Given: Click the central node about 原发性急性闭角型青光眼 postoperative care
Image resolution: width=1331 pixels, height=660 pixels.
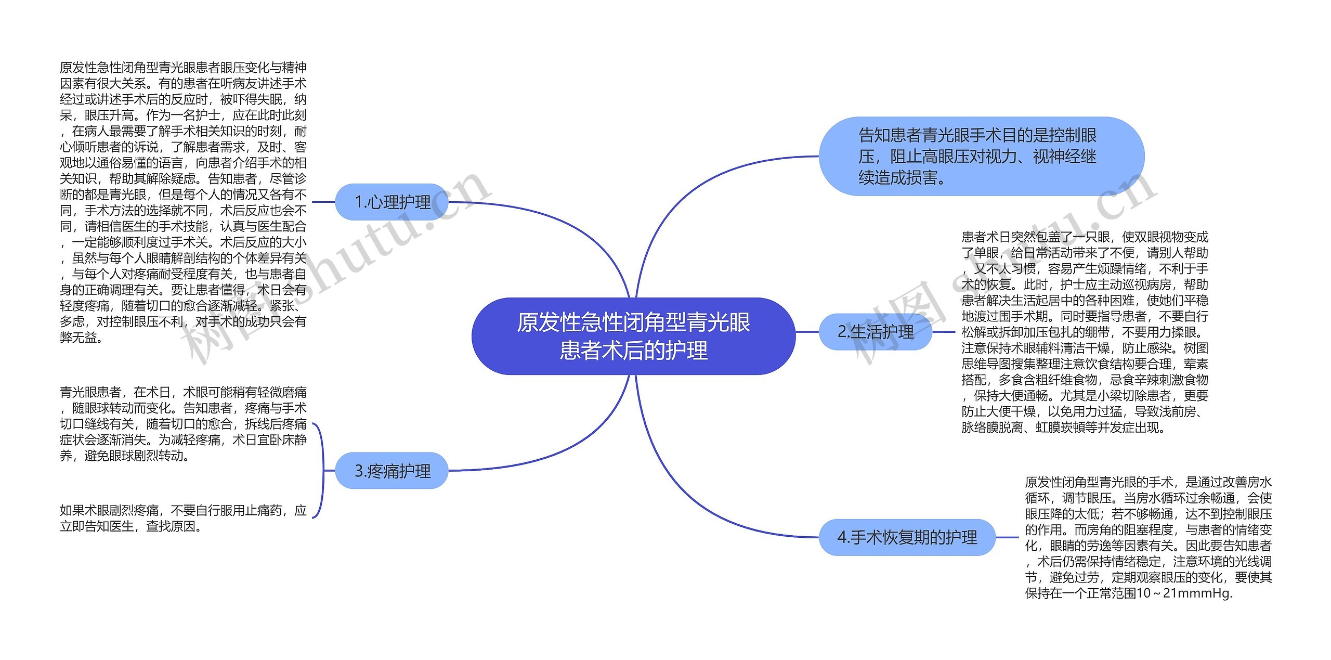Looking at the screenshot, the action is [x=633, y=336].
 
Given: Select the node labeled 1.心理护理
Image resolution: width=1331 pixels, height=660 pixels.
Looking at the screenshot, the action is [x=392, y=202].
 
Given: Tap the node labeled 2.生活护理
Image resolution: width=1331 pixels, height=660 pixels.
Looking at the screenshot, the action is [x=876, y=331].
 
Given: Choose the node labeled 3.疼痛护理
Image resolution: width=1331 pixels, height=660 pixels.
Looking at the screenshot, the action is [x=392, y=471].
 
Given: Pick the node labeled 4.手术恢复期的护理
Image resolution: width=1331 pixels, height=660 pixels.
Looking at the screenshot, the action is [x=907, y=537].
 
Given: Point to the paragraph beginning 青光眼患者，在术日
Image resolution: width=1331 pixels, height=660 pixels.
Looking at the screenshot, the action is [x=183, y=423].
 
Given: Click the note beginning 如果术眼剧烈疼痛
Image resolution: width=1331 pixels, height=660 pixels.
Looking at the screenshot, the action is [x=183, y=518].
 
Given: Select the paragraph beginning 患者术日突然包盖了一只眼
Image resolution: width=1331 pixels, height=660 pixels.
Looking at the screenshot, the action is [x=1085, y=332].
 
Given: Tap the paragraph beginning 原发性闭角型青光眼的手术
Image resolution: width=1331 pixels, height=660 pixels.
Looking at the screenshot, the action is [x=1148, y=537].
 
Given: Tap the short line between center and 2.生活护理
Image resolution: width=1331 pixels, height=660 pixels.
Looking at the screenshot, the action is [x=807, y=331].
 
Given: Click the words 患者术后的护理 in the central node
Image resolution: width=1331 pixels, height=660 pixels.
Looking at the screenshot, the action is [x=633, y=351].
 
